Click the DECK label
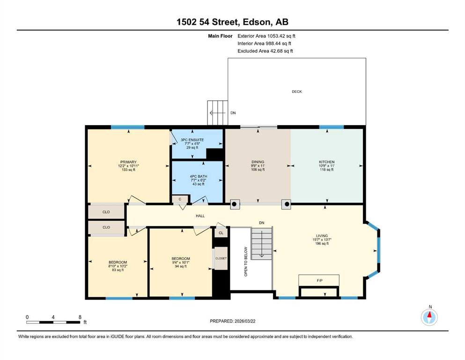296,91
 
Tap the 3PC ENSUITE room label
192,140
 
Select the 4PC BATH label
199,176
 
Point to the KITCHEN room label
326,162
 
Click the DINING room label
258,162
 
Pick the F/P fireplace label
319,280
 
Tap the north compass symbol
429,317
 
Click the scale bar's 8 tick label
80,317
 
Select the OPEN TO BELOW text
245,262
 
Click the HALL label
200,216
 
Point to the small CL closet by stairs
221,233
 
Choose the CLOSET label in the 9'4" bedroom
221,258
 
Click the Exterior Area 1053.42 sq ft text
266,36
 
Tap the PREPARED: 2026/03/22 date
232,321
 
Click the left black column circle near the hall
234,204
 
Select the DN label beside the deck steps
233,113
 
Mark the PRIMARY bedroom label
128,162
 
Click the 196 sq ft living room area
322,243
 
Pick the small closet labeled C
180,199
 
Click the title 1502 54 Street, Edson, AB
232,22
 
